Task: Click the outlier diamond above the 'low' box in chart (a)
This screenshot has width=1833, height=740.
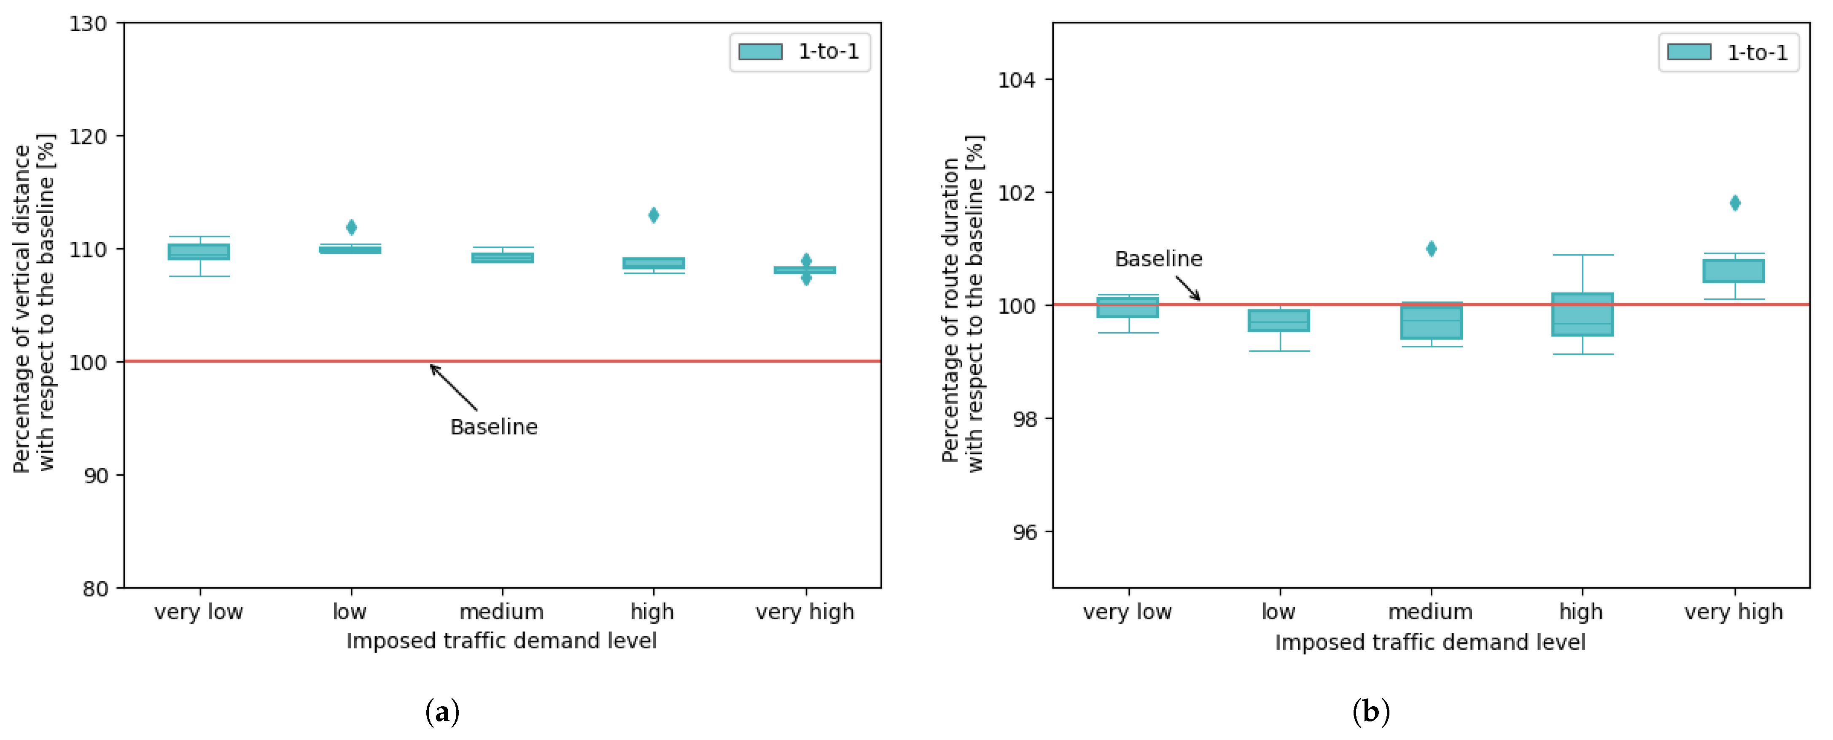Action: coord(351,227)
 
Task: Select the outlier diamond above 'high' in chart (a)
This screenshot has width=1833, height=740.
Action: coord(653,214)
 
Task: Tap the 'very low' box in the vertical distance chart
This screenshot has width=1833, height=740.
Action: coord(199,252)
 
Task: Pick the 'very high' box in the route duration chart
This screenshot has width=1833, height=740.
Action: coord(1733,271)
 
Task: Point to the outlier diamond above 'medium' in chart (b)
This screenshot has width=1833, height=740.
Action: coord(1431,249)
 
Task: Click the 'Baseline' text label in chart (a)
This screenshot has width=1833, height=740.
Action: coord(494,427)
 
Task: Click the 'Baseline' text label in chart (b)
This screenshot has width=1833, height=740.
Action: coord(1158,258)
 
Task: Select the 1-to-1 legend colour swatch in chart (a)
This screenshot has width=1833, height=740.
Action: coord(760,51)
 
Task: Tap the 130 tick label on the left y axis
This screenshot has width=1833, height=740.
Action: coord(88,24)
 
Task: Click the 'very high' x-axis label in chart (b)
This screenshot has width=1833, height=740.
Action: coord(1733,612)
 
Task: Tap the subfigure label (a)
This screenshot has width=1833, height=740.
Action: coord(442,712)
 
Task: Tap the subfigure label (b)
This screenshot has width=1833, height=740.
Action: coord(1370,712)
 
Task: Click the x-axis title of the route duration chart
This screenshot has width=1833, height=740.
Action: coord(1430,642)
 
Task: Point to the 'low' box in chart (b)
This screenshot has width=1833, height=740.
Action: coord(1279,320)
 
